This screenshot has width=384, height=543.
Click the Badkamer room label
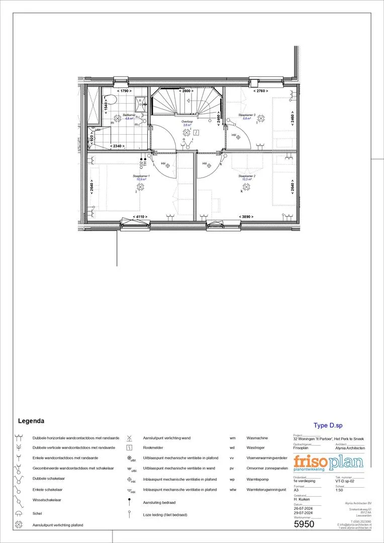point(129,115)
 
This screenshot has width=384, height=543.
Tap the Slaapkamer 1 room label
point(140,176)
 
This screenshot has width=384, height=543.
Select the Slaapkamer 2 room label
point(248,176)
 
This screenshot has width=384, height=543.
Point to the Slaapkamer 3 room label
point(247,115)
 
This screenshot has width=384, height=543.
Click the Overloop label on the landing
point(187,122)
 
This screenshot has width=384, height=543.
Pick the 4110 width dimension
point(140,217)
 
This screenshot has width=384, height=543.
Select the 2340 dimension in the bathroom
point(118,146)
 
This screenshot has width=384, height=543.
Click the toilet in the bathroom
point(111,100)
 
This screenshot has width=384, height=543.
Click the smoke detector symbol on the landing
point(197,133)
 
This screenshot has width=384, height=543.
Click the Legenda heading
point(31,421)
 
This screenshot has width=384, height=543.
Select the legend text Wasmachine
point(257,437)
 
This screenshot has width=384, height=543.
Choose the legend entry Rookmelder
point(154,447)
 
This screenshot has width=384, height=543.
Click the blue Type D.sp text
point(327,425)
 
